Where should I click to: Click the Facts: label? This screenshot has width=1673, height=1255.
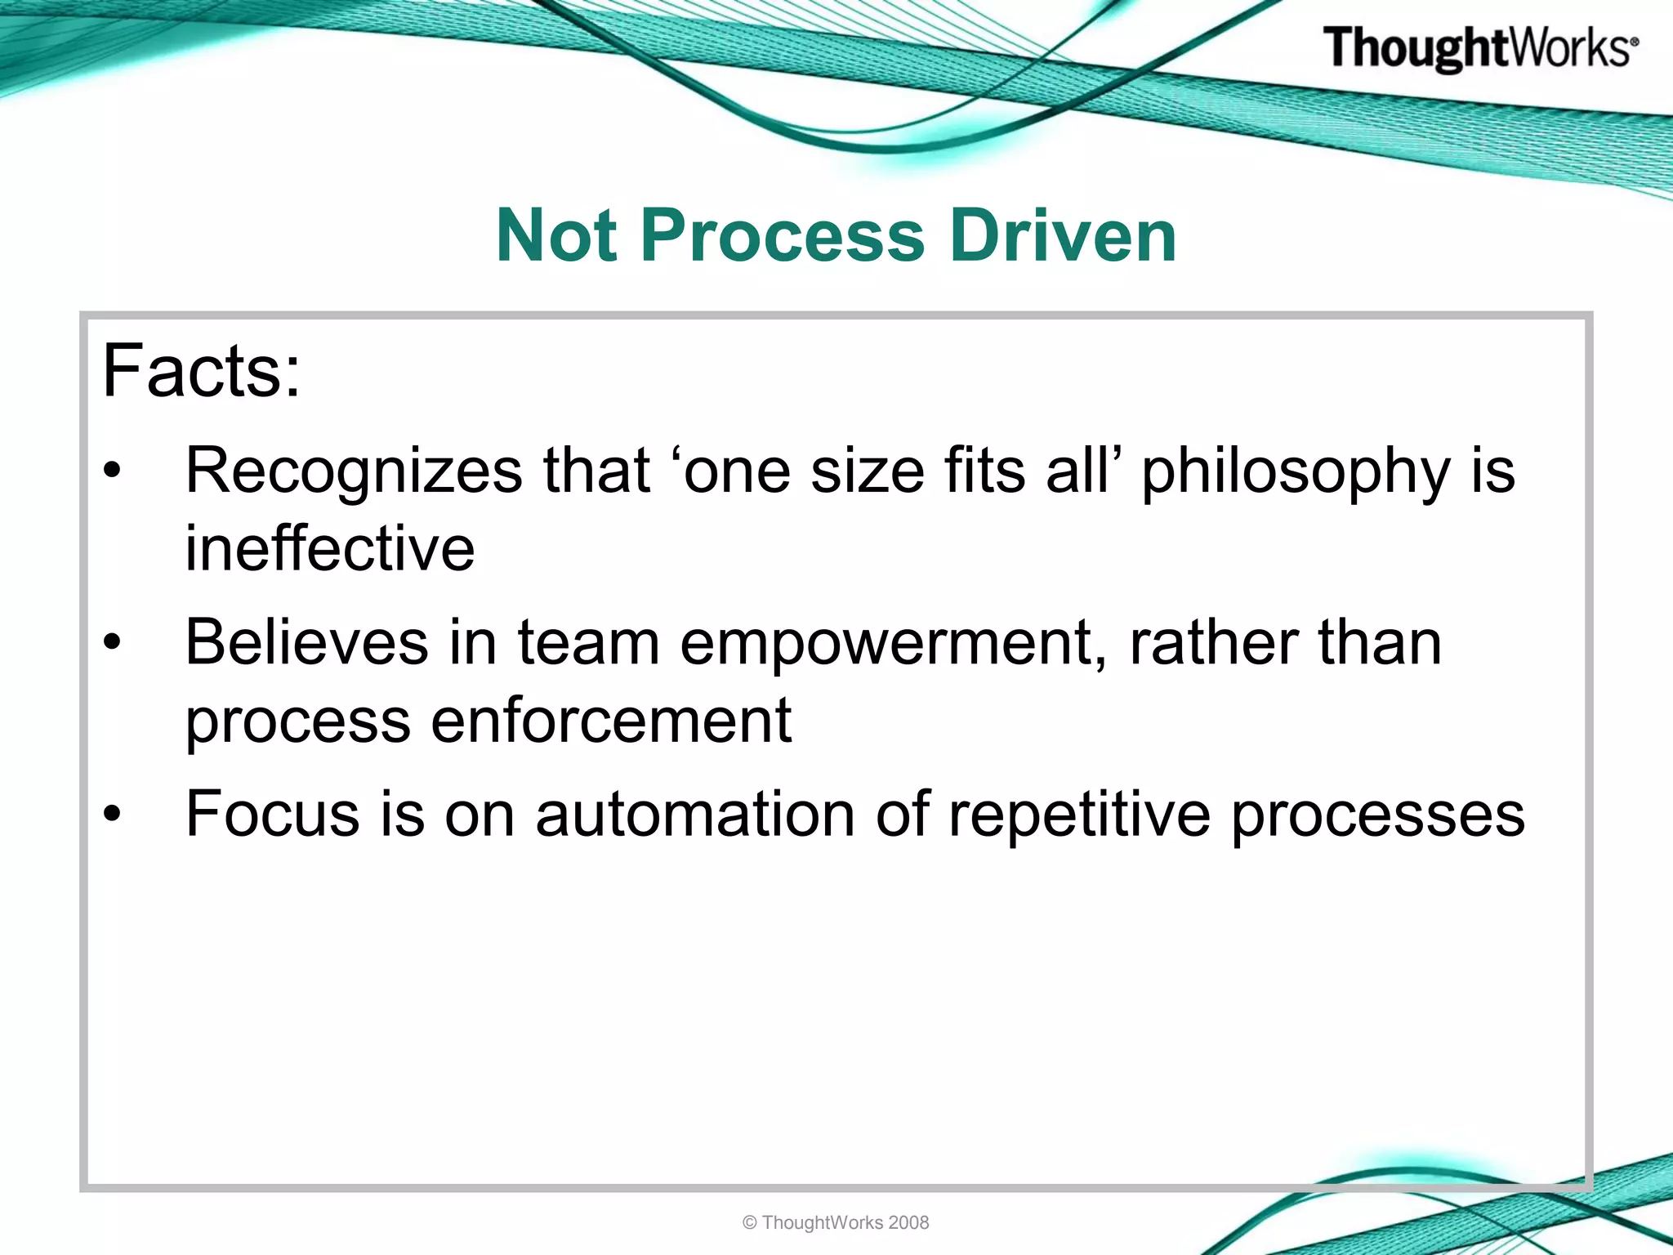[201, 372]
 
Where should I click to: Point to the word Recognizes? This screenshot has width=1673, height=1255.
[354, 471]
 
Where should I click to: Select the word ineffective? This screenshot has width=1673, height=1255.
[329, 548]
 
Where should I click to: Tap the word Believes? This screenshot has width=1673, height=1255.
[306, 642]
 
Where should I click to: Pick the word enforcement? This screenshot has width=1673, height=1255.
[610, 721]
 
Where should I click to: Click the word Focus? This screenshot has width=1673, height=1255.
[272, 814]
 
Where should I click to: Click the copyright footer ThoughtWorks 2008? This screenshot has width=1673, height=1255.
[836, 1222]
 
